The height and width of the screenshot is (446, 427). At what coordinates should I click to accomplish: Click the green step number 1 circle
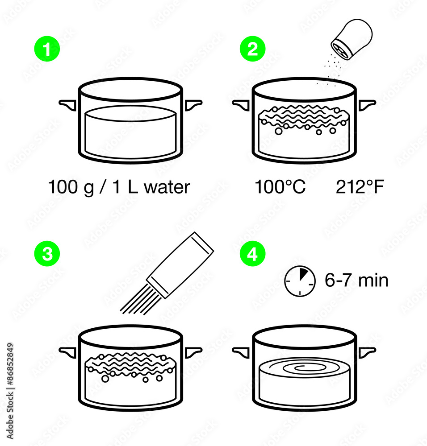coord(47,50)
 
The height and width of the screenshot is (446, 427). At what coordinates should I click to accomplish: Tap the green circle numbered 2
coord(252,50)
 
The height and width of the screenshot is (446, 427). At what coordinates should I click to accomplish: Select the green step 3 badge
coord(47,254)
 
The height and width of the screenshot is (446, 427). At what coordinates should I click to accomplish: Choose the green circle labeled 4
coord(252,254)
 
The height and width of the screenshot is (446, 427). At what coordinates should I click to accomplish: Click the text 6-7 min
coord(356,281)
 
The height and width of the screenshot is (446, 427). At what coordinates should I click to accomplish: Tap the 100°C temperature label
coord(280,187)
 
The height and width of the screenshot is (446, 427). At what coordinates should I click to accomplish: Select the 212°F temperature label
coord(360,187)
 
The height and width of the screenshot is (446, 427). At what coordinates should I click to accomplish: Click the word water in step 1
coord(167,187)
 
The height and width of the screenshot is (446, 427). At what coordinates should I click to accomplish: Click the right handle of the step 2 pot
coord(367,104)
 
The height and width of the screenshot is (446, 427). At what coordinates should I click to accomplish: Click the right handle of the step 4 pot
coord(367,351)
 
